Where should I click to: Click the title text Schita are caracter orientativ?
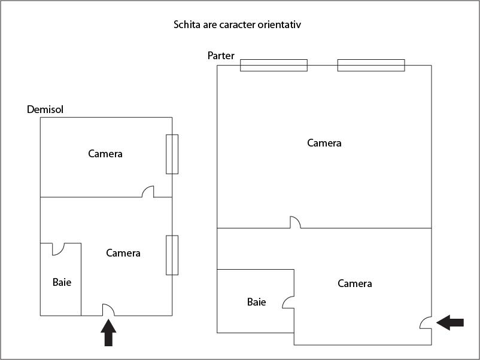(237, 25)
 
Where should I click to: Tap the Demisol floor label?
(45, 109)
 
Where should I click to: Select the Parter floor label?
(221, 56)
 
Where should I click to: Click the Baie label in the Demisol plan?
(62, 282)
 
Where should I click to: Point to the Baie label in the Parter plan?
(256, 302)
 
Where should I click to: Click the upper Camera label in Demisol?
(105, 154)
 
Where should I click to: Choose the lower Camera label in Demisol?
(123, 253)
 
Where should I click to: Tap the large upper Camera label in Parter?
(324, 143)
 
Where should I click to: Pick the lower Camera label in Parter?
(355, 283)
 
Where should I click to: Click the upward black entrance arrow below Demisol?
(108, 332)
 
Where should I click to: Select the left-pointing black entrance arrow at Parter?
(450, 322)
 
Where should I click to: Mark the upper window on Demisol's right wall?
(172, 154)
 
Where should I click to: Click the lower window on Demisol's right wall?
(172, 255)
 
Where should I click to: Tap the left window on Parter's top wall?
(274, 65)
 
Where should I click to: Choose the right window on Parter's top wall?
(371, 65)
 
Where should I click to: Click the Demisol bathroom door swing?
(58, 249)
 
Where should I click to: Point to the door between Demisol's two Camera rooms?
(148, 191)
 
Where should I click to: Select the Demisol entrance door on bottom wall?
(108, 310)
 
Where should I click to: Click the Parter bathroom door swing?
(288, 302)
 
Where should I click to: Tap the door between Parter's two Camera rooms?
(296, 222)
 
